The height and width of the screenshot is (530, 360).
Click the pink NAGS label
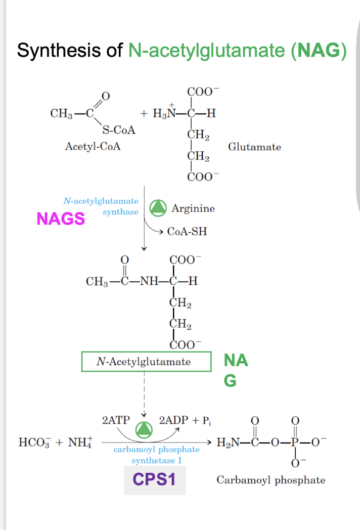tap(61, 218)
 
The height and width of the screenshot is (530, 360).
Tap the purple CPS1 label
tap(154, 479)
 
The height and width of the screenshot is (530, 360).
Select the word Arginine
tap(193, 208)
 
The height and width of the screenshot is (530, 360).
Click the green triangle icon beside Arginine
tap(159, 207)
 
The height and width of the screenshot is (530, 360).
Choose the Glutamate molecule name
tap(254, 147)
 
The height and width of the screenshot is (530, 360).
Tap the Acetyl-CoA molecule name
tap(93, 147)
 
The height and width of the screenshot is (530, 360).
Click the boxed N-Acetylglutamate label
tap(146, 362)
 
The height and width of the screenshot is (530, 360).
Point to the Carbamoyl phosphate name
tap(271, 480)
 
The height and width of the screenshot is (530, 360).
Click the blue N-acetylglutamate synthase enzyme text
tap(101, 206)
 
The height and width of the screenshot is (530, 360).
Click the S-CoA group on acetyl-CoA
tap(119, 130)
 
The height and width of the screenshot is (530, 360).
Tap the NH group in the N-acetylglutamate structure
tap(149, 282)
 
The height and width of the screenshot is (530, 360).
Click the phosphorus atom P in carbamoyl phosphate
tap(296, 443)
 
